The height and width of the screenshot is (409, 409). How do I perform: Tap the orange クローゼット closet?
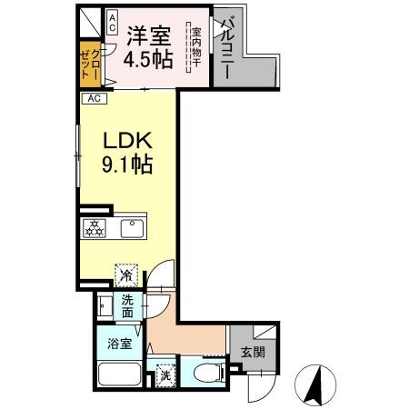pos(87,64)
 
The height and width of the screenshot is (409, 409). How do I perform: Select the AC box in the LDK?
pos(94,99)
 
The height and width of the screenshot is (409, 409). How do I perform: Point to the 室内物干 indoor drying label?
pos(195,46)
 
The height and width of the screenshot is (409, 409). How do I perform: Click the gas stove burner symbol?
pos(94,228)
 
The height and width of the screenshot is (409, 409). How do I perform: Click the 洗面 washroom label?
pos(128,307)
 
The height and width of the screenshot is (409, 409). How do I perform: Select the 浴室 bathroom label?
pos(118,344)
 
